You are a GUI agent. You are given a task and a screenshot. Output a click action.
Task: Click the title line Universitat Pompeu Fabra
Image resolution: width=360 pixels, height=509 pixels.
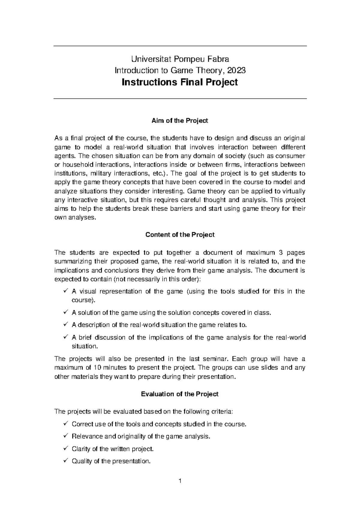[180, 58]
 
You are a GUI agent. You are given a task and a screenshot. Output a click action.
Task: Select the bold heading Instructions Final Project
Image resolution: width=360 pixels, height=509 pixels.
[180, 82]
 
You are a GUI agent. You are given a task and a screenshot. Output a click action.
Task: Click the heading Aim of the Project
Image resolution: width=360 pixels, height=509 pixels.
[180, 121]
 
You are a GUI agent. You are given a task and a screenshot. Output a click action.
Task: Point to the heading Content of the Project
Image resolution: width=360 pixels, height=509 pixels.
[180, 235]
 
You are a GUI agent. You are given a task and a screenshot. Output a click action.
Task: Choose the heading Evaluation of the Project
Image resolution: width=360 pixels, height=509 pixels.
[180, 394]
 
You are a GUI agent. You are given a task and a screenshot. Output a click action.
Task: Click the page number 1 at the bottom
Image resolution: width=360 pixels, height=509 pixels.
[180, 482]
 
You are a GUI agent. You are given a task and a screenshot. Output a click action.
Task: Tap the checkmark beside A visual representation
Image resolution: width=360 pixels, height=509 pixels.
[66, 291]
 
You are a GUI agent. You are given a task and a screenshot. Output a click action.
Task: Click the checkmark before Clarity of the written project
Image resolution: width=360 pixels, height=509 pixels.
[66, 448]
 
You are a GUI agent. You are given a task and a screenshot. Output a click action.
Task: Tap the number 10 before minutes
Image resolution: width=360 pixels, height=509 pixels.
[98, 368]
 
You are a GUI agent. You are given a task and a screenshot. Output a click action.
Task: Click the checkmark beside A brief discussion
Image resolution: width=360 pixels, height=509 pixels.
[66, 337]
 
